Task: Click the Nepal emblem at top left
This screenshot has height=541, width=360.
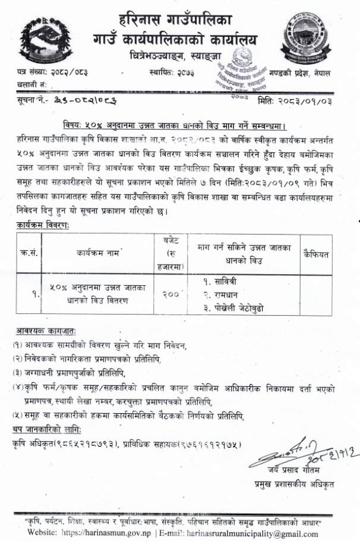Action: tap(43, 41)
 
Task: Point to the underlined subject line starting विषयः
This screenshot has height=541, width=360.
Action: tap(176, 126)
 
